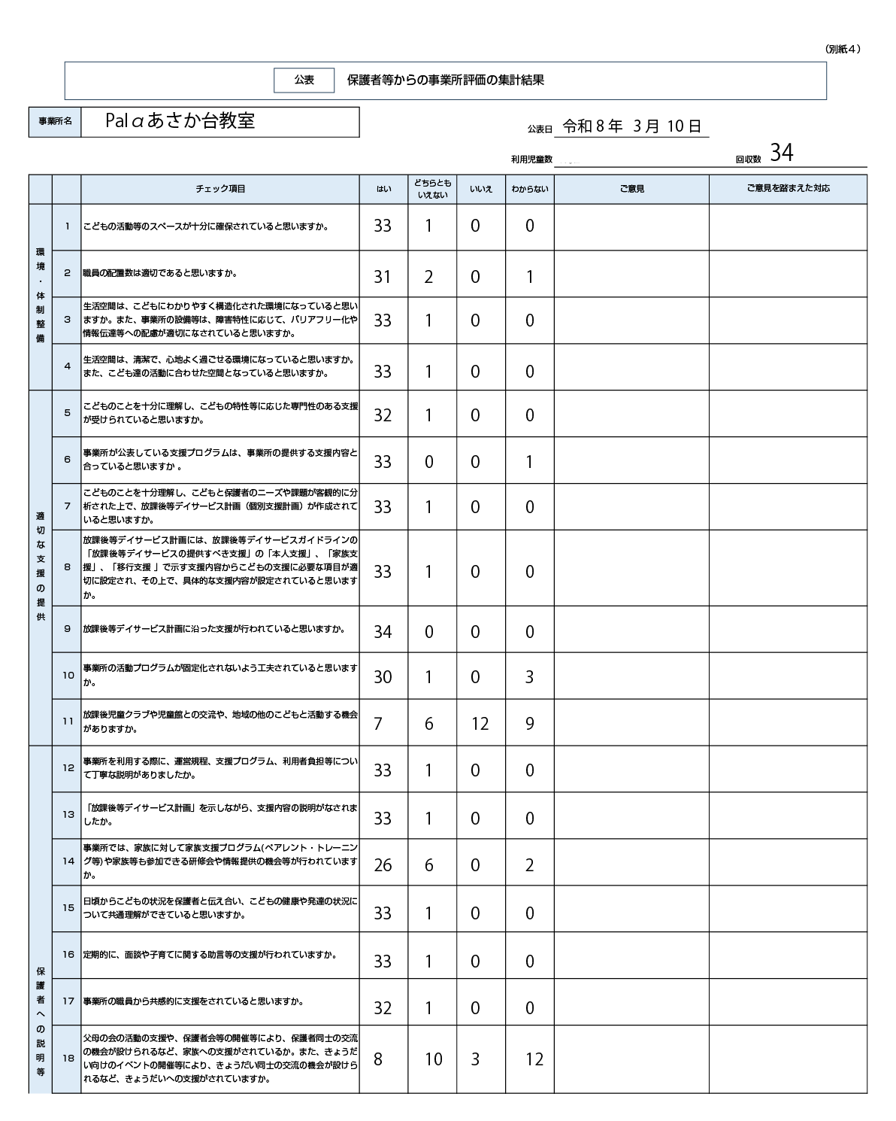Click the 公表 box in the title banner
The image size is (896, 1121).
click(304, 81)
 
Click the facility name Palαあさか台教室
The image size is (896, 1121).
click(180, 121)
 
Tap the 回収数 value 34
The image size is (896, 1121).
click(781, 153)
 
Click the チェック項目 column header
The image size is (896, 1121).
click(220, 189)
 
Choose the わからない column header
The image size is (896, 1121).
click(530, 190)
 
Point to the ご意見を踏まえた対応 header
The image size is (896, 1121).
click(788, 189)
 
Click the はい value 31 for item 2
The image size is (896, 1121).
click(383, 277)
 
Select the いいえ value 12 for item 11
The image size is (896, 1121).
click(480, 724)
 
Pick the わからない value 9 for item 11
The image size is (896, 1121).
click(530, 724)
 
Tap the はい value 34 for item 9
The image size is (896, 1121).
click(383, 632)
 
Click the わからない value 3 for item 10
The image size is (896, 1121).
click(530, 677)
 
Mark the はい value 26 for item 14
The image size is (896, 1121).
click(383, 865)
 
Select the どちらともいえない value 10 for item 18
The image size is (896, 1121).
click(433, 1059)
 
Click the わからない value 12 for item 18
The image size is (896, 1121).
click(534, 1059)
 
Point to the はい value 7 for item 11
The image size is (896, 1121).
click(378, 724)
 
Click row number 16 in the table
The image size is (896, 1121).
click(68, 955)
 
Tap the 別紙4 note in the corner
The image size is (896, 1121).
click(842, 49)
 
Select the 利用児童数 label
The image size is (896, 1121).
click(531, 159)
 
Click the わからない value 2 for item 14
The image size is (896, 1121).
click(530, 865)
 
